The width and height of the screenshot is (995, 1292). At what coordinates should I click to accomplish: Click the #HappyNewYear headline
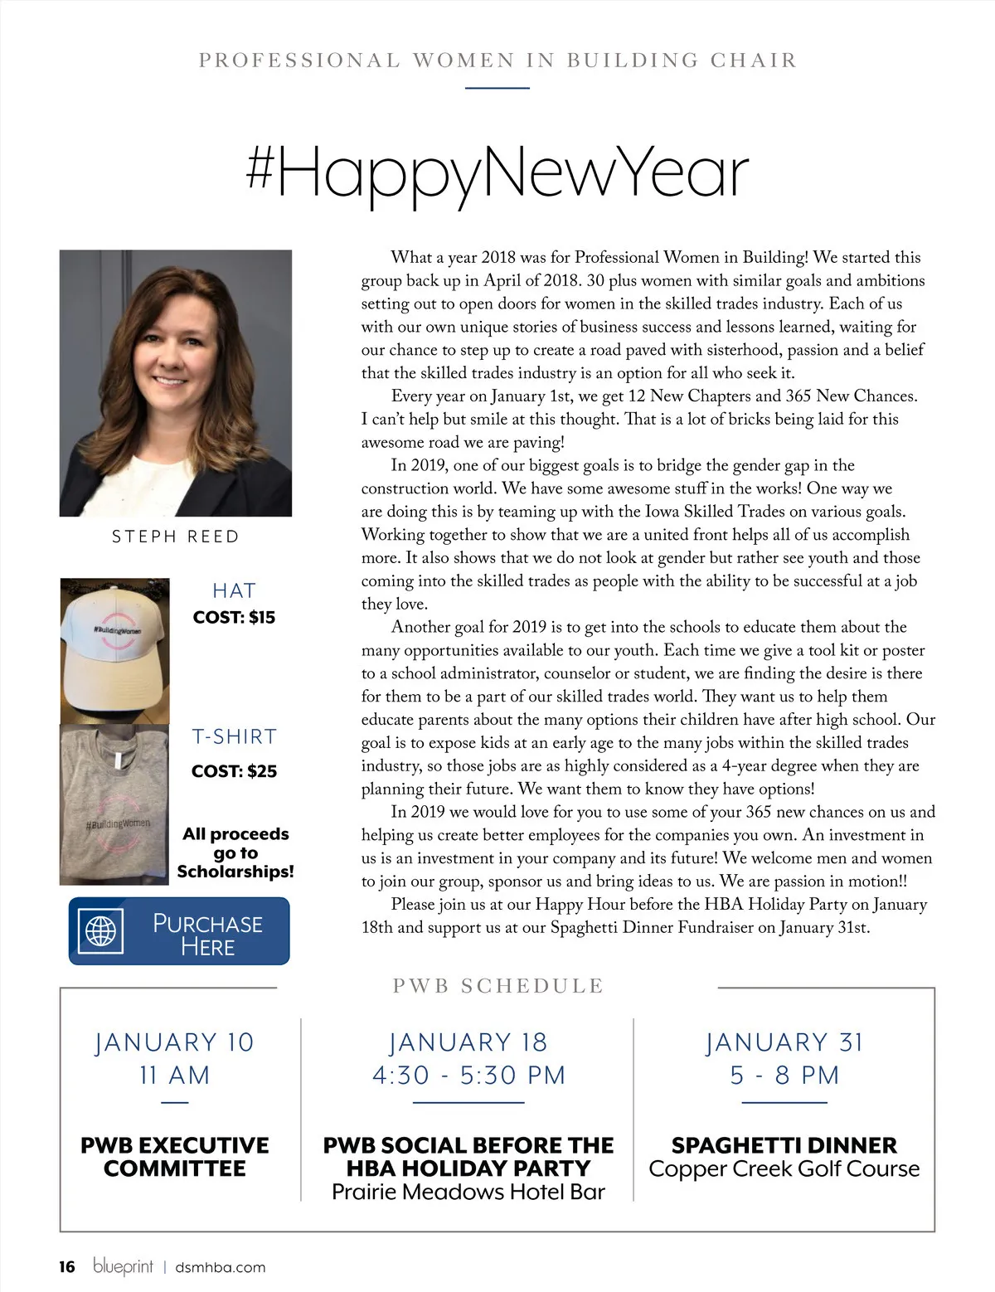click(x=498, y=172)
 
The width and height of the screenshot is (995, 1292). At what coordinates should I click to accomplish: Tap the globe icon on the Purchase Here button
click(x=100, y=930)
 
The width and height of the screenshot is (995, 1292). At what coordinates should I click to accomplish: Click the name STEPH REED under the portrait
click(x=176, y=537)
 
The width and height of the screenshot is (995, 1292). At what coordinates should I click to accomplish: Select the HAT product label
click(x=234, y=590)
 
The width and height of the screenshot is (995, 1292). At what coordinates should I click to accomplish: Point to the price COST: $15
click(x=234, y=617)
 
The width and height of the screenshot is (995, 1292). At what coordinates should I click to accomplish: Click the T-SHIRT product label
click(x=234, y=736)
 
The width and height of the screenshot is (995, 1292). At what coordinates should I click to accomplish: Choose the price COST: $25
click(x=234, y=771)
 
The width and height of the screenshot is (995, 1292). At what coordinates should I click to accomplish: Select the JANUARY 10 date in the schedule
click(x=174, y=1042)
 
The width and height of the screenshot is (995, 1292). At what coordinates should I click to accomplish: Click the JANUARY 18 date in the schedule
click(x=468, y=1042)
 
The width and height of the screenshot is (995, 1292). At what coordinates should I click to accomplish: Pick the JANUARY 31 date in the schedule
click(x=784, y=1042)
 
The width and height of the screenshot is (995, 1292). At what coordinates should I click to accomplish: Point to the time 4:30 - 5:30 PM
click(x=468, y=1076)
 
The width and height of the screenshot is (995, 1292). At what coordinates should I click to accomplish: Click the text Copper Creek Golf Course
click(x=784, y=1169)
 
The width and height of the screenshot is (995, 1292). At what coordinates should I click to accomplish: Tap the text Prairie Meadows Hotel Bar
click(x=468, y=1192)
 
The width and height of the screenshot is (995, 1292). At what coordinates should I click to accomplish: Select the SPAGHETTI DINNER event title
click(x=784, y=1145)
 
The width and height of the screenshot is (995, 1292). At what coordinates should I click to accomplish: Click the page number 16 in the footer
click(x=67, y=1266)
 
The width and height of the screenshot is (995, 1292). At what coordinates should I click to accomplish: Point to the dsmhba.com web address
click(x=221, y=1267)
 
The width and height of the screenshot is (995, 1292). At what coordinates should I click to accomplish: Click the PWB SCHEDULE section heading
click(x=498, y=986)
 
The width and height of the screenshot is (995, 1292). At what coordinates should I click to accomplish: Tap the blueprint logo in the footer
click(x=124, y=1266)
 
